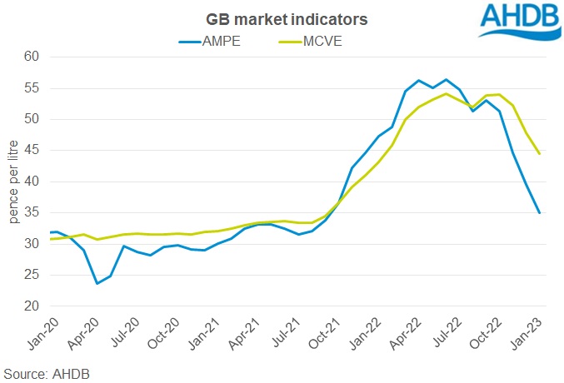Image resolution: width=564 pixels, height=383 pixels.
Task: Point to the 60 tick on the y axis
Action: click(33, 57)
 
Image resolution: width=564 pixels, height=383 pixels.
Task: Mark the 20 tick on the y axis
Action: click(33, 306)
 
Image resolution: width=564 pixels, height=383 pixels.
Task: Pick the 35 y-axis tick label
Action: click(33, 213)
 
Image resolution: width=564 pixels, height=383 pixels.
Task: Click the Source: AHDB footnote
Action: click(46, 373)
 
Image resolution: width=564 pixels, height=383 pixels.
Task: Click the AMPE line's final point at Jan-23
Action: click(540, 213)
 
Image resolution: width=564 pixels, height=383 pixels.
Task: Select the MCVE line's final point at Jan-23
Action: click(540, 154)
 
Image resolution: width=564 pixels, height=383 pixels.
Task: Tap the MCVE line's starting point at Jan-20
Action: click(52, 239)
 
